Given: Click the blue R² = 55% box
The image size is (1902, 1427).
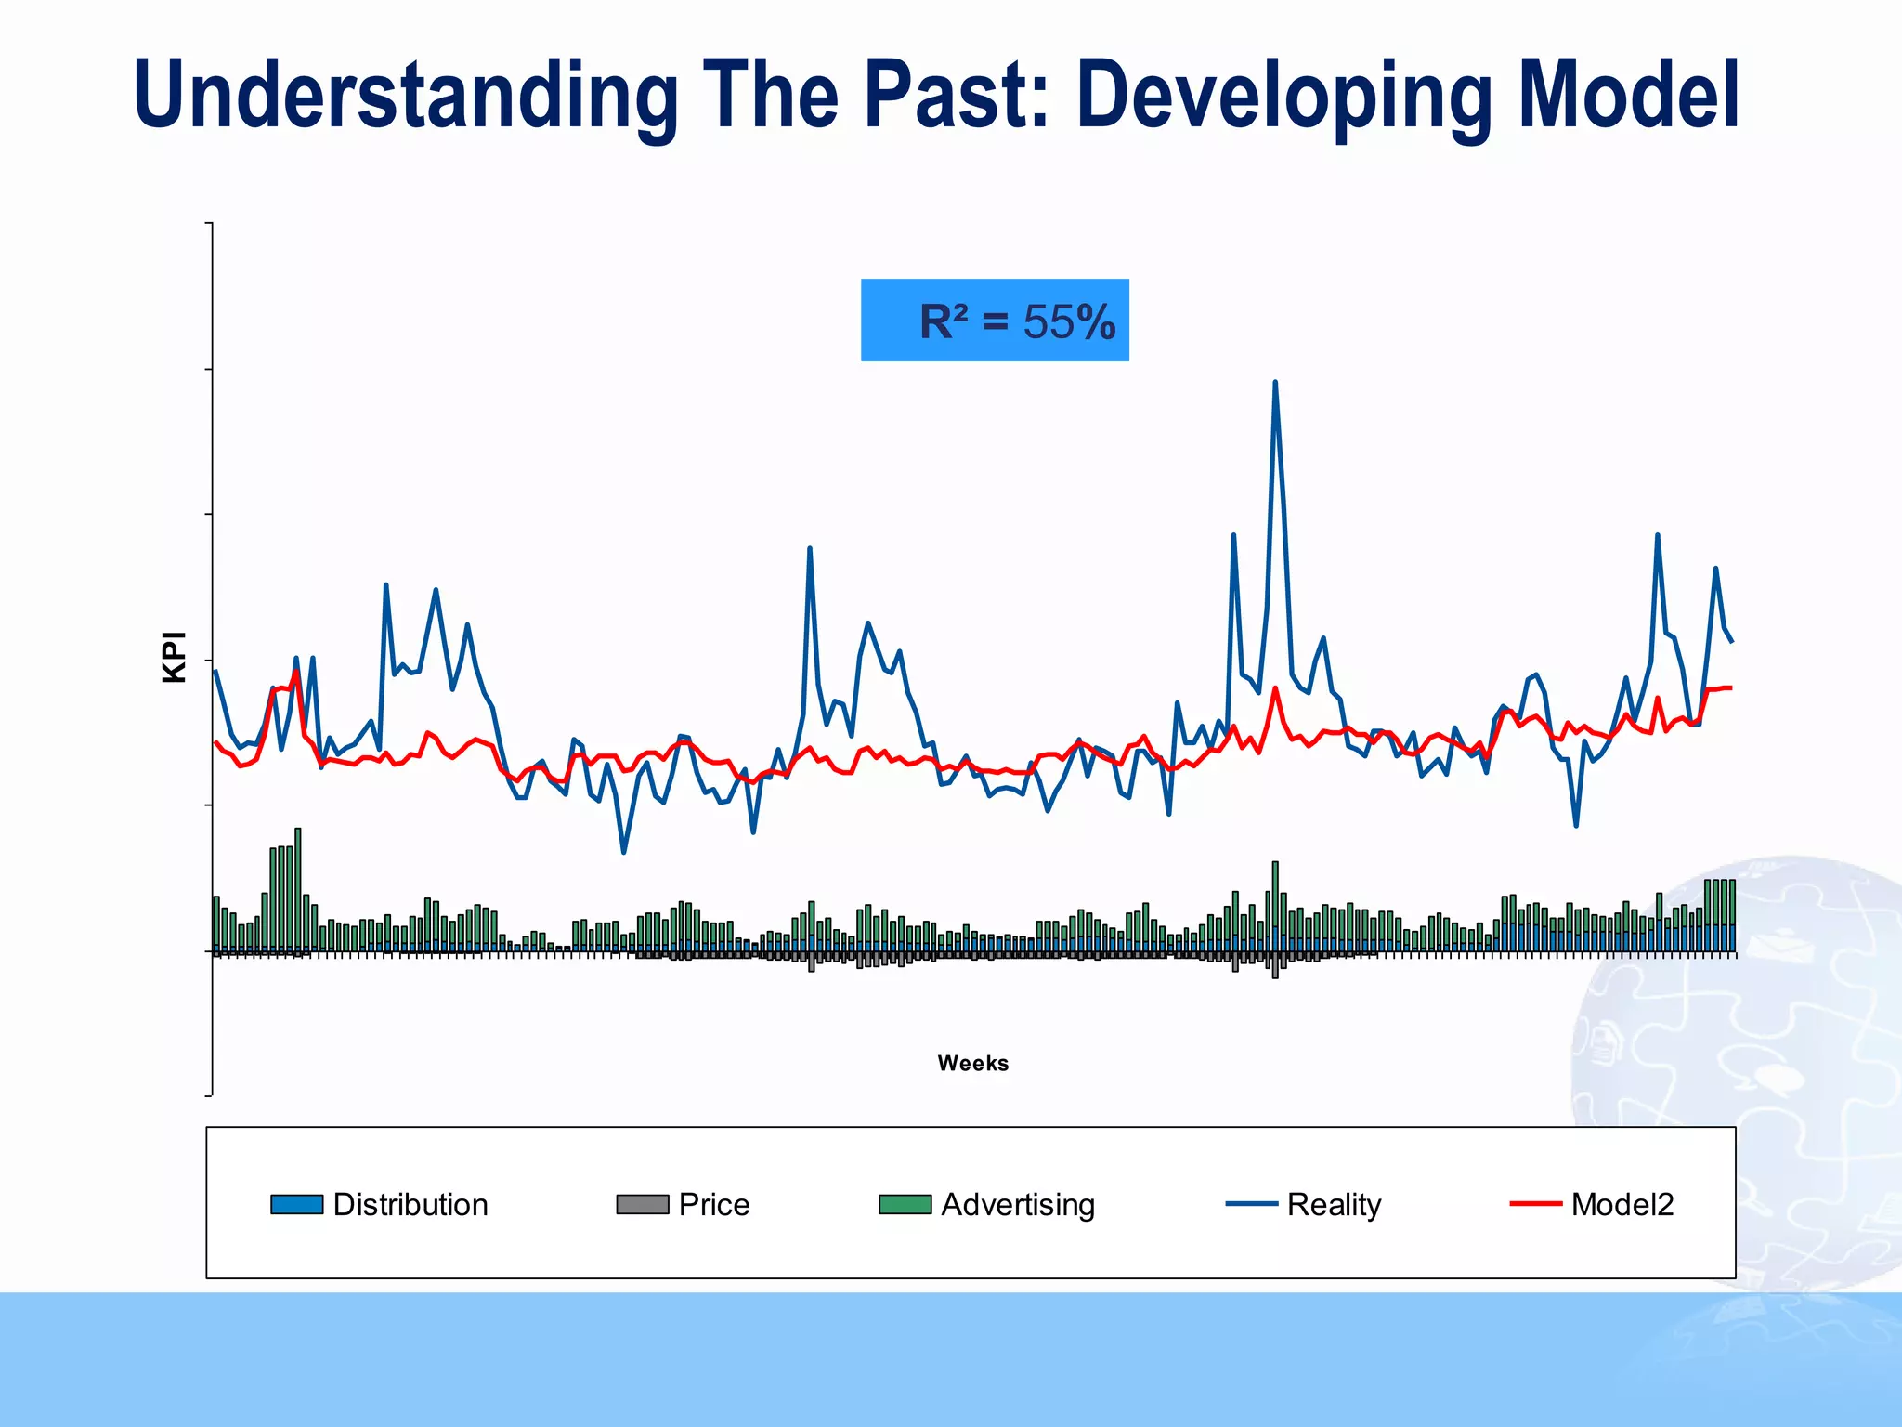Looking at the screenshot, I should tap(995, 321).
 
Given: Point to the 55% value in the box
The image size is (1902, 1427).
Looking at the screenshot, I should tap(1069, 322).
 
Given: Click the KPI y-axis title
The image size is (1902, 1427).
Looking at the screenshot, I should tap(175, 657).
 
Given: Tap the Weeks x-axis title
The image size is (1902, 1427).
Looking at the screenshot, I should tap(972, 1063).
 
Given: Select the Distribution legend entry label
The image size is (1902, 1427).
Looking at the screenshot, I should tap(410, 1205).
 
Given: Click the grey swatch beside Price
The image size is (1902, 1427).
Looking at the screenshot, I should tap(642, 1205).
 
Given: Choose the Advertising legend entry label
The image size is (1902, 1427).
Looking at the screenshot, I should tap(1018, 1205).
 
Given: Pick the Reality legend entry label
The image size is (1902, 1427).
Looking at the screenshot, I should tap(1334, 1205).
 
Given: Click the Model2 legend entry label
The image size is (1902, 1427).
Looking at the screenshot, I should tap(1622, 1205).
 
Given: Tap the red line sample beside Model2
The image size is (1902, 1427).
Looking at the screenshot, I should tap(1535, 1204).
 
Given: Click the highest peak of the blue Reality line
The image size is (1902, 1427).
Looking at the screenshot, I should tap(1275, 383).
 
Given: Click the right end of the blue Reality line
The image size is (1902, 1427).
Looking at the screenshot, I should tap(1732, 641).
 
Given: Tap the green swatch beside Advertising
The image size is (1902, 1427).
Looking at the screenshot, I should tap(905, 1205).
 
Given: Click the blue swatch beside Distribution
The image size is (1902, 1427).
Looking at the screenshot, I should tap(296, 1205).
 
